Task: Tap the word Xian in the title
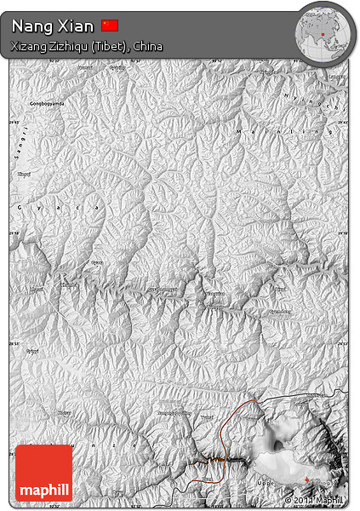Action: click(x=76, y=26)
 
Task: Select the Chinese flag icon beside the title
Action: click(x=110, y=26)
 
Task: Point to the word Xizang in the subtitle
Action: click(x=30, y=47)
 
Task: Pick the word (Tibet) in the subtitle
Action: click(x=110, y=47)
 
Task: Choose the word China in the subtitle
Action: click(x=146, y=47)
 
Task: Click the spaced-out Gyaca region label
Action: click(x=59, y=207)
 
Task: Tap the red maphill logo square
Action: click(x=43, y=473)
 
